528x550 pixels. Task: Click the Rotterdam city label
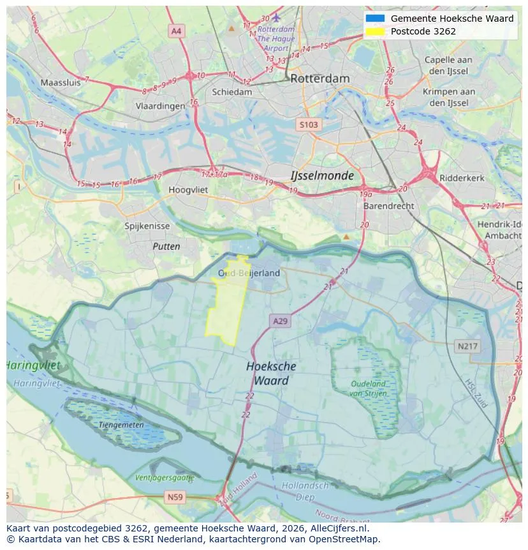click(320, 79)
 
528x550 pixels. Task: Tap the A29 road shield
click(280, 321)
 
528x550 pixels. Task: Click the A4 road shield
click(177, 31)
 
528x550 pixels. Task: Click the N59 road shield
click(175, 496)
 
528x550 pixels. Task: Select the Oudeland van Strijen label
click(368, 388)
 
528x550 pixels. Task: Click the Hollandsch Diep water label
click(305, 491)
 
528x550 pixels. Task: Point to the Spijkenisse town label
click(147, 226)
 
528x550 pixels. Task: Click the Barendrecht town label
click(388, 206)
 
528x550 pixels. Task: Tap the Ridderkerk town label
click(462, 178)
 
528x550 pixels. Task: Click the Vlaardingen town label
click(160, 106)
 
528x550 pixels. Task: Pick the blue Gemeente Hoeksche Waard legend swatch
click(376, 19)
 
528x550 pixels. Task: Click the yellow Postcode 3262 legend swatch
click(376, 31)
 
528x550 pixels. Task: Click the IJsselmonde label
click(322, 175)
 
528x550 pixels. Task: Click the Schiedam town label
click(232, 92)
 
